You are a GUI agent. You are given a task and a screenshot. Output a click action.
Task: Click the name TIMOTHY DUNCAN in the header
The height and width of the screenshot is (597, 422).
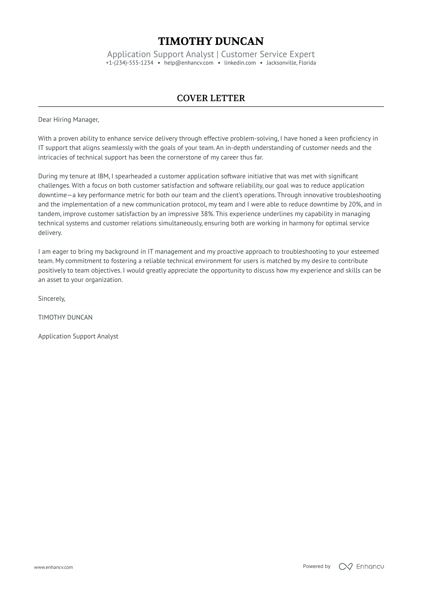pyautogui.click(x=211, y=41)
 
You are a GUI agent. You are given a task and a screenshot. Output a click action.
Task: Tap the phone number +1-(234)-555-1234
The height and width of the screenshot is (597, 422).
pyautogui.click(x=129, y=63)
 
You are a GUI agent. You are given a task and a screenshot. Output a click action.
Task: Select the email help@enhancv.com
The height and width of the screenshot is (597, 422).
pyautogui.click(x=189, y=63)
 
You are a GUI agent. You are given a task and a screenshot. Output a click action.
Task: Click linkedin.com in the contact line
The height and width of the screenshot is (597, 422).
pyautogui.click(x=240, y=63)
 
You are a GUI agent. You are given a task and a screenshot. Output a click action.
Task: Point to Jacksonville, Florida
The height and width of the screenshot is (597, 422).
pyautogui.click(x=291, y=63)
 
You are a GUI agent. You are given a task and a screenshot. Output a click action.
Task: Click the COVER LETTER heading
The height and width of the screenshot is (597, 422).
pyautogui.click(x=211, y=98)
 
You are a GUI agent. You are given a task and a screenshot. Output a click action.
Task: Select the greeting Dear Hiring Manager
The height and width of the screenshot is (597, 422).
pyautogui.click(x=68, y=120)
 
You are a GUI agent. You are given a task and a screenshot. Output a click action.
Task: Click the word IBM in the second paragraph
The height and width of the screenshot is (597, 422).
pyautogui.click(x=103, y=176)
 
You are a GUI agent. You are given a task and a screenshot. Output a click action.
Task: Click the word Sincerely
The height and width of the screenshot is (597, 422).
pyautogui.click(x=51, y=298)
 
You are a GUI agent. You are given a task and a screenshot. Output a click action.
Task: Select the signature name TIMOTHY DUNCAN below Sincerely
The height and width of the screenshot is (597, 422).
pyautogui.click(x=65, y=318)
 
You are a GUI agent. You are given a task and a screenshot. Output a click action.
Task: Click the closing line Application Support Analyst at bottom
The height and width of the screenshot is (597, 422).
pyautogui.click(x=78, y=336)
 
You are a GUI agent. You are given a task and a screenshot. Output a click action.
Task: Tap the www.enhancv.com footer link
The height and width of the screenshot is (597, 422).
pyautogui.click(x=53, y=567)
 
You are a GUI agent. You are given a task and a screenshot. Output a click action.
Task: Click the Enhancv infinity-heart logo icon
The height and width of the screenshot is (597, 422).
pyautogui.click(x=345, y=566)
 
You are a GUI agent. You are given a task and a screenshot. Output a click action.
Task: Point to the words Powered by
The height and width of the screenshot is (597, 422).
pyautogui.click(x=316, y=566)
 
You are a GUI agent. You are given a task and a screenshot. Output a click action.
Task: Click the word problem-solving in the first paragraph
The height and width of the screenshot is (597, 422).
pyautogui.click(x=245, y=139)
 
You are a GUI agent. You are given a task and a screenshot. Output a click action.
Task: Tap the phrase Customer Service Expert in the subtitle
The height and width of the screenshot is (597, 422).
pyautogui.click(x=268, y=54)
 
